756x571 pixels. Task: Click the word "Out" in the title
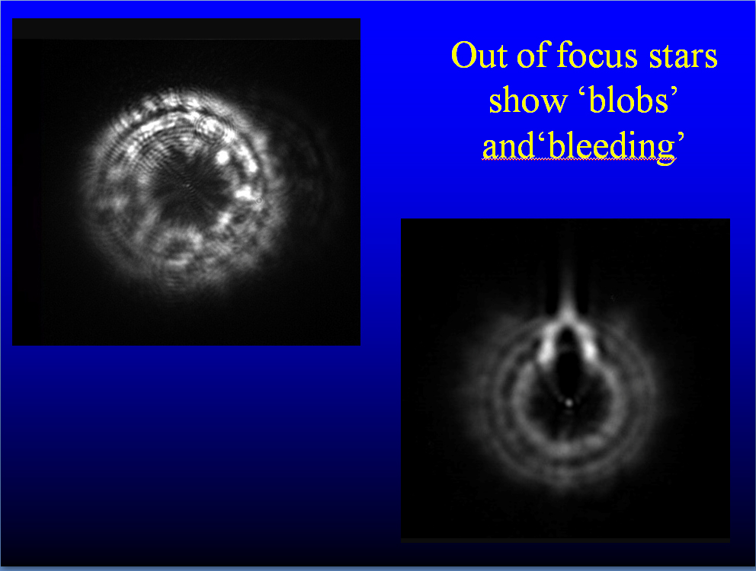(x=479, y=55)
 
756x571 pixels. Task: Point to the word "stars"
(x=683, y=57)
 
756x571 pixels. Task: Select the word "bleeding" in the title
(x=612, y=148)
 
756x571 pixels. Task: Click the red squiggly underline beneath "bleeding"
(x=578, y=159)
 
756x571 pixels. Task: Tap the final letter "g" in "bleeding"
(x=666, y=152)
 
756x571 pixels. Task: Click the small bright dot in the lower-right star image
(x=569, y=402)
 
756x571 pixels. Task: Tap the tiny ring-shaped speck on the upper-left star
(x=259, y=200)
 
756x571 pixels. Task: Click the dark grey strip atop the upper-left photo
(x=186, y=28)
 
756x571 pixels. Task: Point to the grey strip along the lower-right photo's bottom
(x=565, y=540)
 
